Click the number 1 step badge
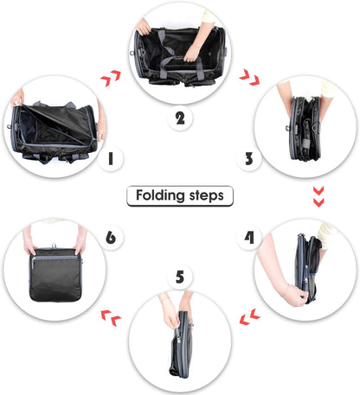coord(110,159)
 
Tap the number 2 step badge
coord(179,119)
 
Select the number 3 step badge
coord(248,158)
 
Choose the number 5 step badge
coord(179,277)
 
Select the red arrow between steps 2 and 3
coord(248,80)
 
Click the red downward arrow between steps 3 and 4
coord(318,197)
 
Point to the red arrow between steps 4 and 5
coord(249,316)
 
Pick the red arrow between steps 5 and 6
coord(110,317)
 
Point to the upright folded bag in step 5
coord(179,341)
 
